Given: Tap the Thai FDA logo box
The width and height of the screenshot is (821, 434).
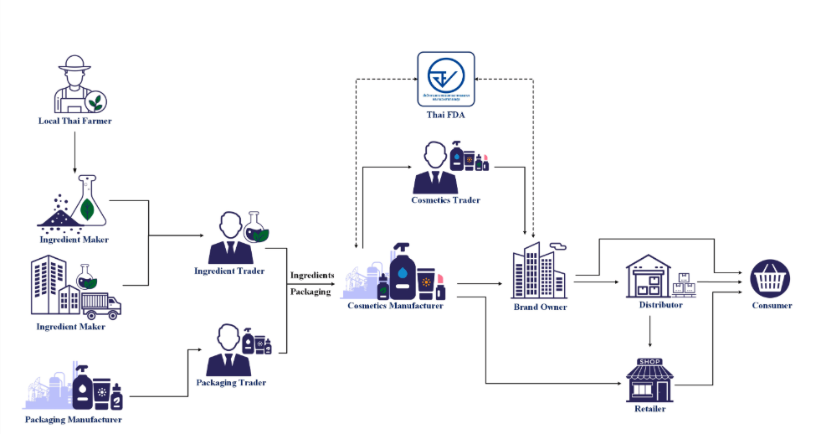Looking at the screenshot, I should (446, 80).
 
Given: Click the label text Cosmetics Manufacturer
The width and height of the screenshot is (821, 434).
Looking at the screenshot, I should (395, 306).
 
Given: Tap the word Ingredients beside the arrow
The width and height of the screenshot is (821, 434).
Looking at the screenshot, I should (312, 276).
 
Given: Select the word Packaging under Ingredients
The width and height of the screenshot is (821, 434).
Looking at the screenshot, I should (310, 292).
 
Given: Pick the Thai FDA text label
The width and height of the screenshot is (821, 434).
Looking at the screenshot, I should (445, 116).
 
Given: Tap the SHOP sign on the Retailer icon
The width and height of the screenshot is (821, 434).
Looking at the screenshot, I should (649, 362).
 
